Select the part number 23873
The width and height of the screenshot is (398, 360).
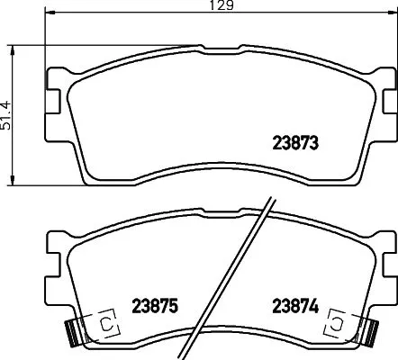[x=296, y=141]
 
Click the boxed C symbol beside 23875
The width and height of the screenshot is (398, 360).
[x=105, y=322]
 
